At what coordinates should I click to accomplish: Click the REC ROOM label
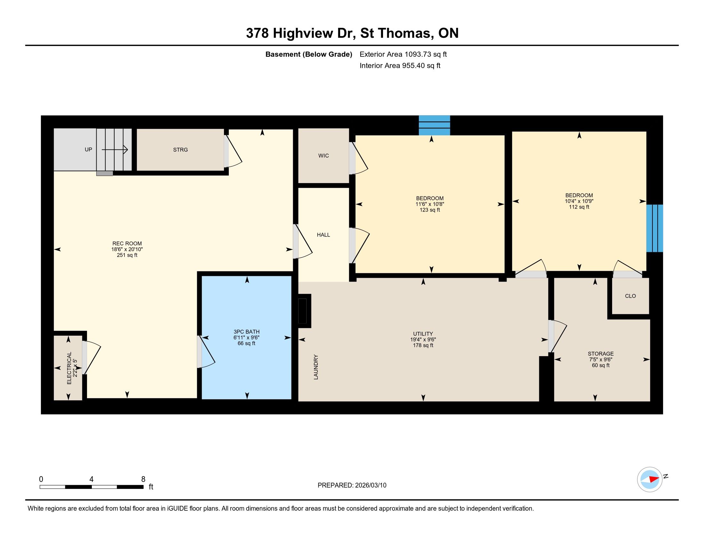pos(127,244)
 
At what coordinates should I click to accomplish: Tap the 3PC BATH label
pos(247,332)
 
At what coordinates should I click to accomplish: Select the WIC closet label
pos(323,156)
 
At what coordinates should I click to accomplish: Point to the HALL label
pos(323,235)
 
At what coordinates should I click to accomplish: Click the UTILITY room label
pos(423,334)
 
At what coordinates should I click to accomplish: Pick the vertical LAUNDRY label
pos(316,367)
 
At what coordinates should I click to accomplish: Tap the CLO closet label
pos(630,296)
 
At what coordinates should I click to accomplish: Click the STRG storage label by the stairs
pos(180,150)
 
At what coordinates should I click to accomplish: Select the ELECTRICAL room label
pos(69,368)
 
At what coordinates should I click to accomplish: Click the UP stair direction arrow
pos(115,149)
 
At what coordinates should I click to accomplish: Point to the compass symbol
pos(650,479)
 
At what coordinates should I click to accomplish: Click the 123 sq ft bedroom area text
pos(430,210)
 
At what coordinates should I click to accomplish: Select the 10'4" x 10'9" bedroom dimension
pos(579,201)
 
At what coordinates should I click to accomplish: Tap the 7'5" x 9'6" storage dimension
pos(601,359)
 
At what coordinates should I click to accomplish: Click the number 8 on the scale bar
pos(143,479)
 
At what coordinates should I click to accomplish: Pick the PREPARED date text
pos(352,485)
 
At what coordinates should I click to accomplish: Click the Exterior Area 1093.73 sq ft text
pos(403,54)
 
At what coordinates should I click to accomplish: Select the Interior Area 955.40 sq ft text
pos(400,66)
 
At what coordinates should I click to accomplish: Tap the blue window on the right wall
pos(654,228)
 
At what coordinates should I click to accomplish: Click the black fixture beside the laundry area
pos(304,311)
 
